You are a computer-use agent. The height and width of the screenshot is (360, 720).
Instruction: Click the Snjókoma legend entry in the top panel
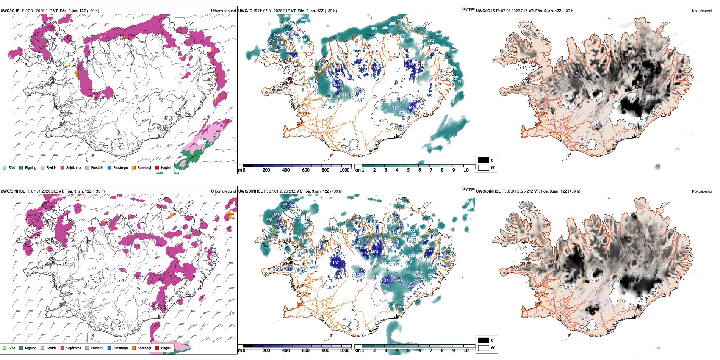tap(74, 168)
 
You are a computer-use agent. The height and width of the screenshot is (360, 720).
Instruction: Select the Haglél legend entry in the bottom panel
tap(166, 348)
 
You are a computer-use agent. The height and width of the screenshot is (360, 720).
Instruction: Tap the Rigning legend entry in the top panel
tap(31, 168)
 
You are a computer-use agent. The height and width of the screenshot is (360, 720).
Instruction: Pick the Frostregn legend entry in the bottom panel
tap(120, 348)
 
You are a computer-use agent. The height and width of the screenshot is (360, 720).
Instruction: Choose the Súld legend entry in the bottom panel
tap(12, 348)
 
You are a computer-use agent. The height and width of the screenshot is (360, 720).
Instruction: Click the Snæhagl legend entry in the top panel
tap(144, 168)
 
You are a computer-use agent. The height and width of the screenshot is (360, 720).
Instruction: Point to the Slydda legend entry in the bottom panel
tap(51, 348)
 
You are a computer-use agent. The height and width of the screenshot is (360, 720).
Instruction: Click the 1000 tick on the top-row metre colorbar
tap(344, 170)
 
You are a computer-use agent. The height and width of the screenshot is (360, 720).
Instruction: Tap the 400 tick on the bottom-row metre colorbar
tap(286, 351)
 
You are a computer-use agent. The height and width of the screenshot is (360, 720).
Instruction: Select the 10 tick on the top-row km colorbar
tap(466, 170)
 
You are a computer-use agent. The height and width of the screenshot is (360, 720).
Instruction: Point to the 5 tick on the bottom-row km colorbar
tap(409, 351)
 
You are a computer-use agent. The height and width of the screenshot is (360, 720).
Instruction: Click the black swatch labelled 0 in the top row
tap(484, 160)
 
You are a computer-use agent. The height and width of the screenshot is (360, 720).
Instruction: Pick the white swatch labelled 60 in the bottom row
tap(484, 348)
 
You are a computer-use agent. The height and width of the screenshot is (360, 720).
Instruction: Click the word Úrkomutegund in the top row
tap(223, 11)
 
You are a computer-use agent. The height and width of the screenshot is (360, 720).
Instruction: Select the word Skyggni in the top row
tap(468, 9)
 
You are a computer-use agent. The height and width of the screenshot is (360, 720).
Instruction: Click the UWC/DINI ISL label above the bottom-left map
tap(13, 191)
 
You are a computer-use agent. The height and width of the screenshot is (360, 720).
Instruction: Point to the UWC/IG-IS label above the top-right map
tap(485, 11)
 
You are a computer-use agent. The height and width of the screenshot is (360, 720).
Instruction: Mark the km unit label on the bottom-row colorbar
tap(357, 351)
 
